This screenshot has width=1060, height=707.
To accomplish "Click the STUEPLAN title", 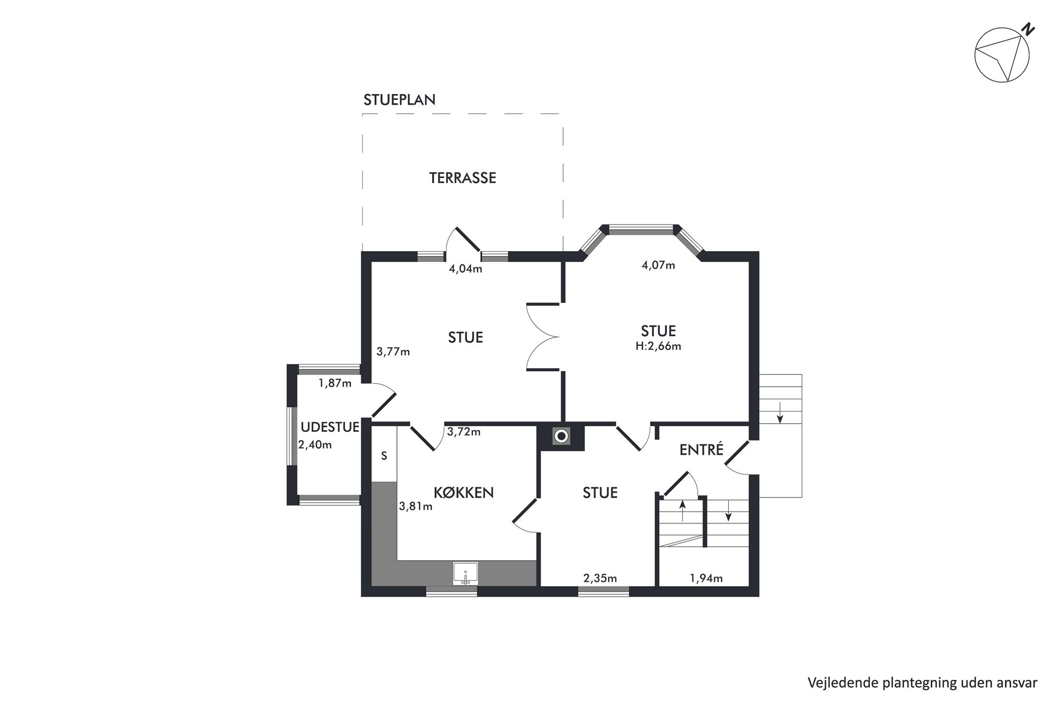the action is click(x=399, y=100).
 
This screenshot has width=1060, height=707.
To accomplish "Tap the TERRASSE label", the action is click(x=463, y=178).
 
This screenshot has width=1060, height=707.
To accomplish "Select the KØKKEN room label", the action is click(x=463, y=492).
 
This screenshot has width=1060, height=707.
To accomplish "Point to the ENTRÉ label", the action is click(x=701, y=449).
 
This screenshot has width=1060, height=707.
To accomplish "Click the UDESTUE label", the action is click(x=330, y=427).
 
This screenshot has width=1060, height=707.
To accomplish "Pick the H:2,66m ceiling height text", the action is click(x=658, y=346).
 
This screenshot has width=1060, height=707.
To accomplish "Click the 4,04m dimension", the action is click(x=465, y=269).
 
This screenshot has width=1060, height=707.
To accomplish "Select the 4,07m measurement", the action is click(x=658, y=265).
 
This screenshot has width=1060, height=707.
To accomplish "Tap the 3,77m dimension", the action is click(x=393, y=352).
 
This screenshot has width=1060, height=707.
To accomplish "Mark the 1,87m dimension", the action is click(x=335, y=383).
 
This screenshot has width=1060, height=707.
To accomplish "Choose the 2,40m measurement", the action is click(x=315, y=445).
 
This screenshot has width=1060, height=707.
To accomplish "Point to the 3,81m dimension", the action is click(x=416, y=506).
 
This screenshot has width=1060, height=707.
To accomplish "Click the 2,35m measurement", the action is click(x=600, y=578).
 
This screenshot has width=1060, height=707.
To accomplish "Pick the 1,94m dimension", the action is click(x=706, y=578).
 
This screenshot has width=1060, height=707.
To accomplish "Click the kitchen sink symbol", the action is click(x=465, y=573).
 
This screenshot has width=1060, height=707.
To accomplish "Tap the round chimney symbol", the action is click(x=561, y=437).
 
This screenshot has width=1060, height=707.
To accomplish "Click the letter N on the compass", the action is click(x=1027, y=30).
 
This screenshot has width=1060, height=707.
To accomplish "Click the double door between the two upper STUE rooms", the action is click(x=543, y=337).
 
